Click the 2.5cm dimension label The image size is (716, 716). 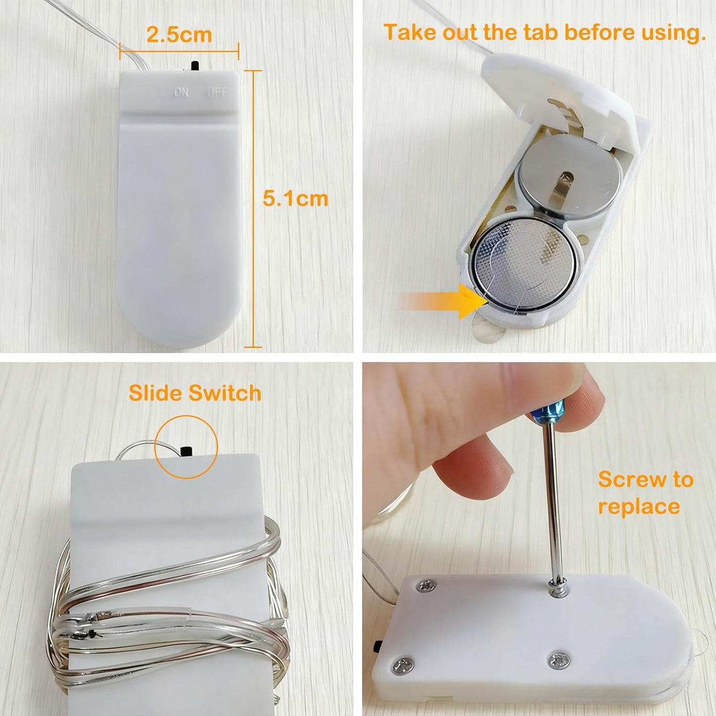click(x=179, y=35)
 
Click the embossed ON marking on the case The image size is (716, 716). click(x=181, y=93)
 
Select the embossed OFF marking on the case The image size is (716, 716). click(x=218, y=93)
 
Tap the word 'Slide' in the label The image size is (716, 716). click(x=156, y=393)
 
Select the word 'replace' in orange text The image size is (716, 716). click(x=639, y=507)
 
